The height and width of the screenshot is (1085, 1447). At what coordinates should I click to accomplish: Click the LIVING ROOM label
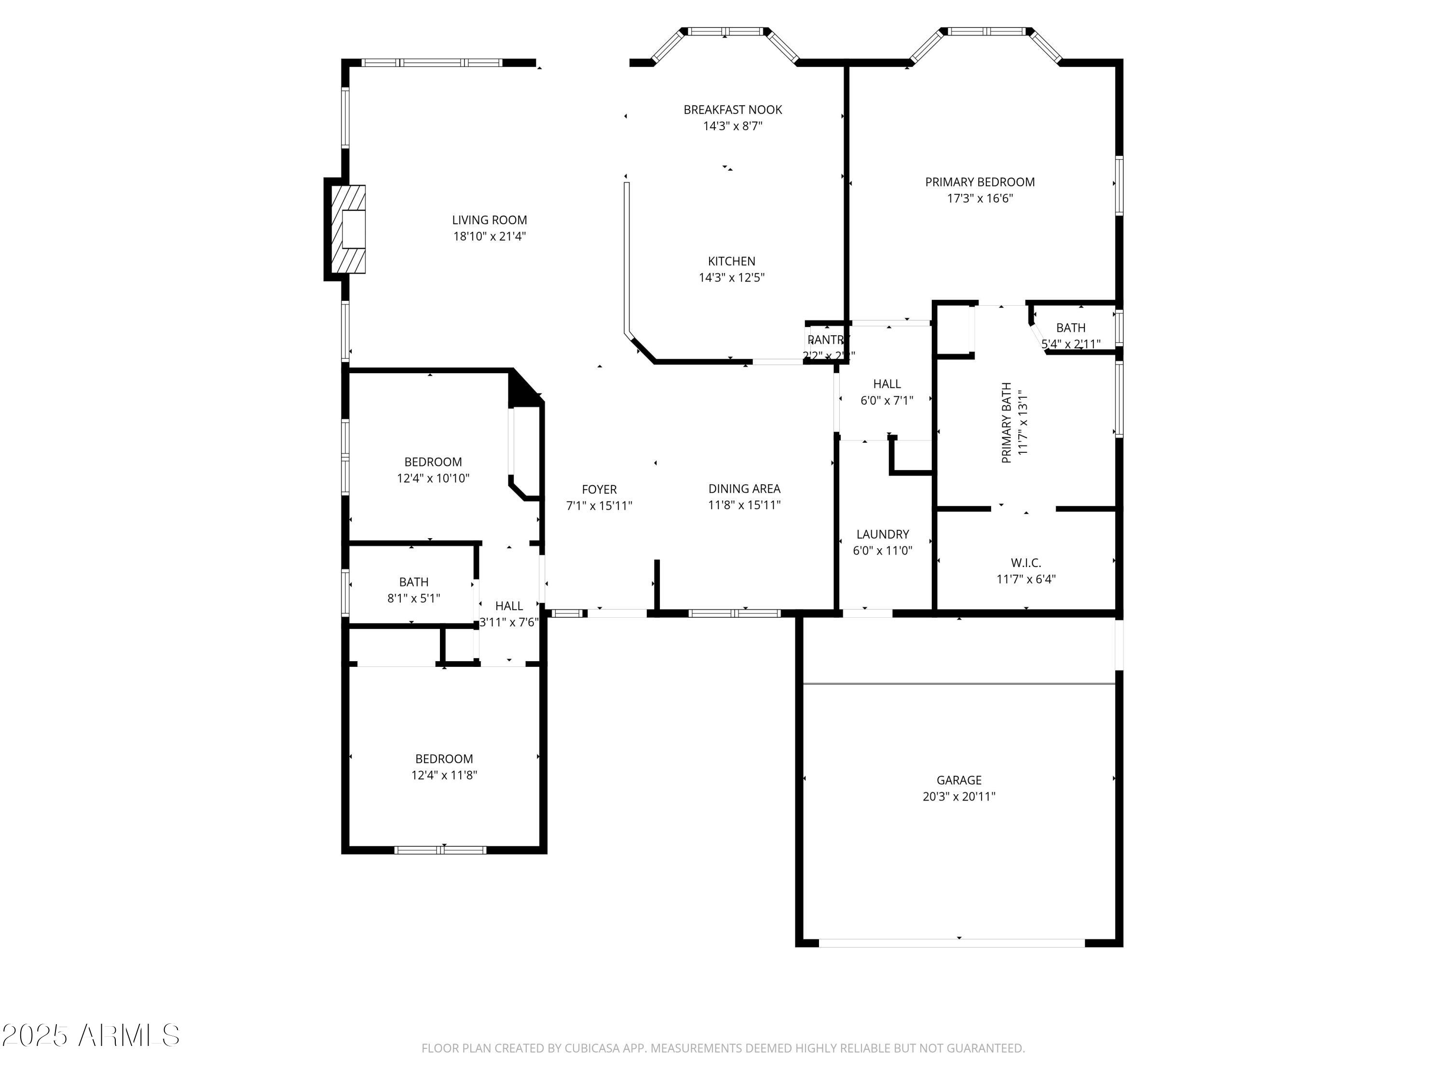pos(489,220)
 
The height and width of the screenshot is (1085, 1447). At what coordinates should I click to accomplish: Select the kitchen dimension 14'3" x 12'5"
pos(731,277)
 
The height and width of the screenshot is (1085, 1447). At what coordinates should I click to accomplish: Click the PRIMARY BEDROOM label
pos(979,182)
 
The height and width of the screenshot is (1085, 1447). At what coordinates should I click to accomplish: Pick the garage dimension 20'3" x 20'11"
pos(959,797)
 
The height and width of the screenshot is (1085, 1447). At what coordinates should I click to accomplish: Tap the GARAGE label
pos(959,780)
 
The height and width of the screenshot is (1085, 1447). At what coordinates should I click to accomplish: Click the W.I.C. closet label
pos(1026,562)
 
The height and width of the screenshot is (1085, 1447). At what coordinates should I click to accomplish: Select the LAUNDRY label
pos(883,534)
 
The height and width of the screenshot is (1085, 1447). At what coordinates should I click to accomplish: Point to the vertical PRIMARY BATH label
pos(1007,422)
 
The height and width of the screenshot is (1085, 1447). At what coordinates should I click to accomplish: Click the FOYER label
pos(599,489)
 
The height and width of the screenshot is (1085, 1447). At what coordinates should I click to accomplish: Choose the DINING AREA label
pos(744,488)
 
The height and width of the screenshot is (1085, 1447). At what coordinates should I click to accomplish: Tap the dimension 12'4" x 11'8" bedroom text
pos(444,775)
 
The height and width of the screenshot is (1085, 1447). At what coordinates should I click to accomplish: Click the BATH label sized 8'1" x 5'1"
pos(413,582)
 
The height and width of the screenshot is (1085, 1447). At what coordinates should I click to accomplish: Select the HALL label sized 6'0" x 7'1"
pos(887,384)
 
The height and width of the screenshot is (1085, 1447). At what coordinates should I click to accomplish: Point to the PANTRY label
pos(828,340)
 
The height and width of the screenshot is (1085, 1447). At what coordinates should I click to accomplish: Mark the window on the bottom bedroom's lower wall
pos(440,850)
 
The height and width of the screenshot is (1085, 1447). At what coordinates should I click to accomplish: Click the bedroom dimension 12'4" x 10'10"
pos(433,478)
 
